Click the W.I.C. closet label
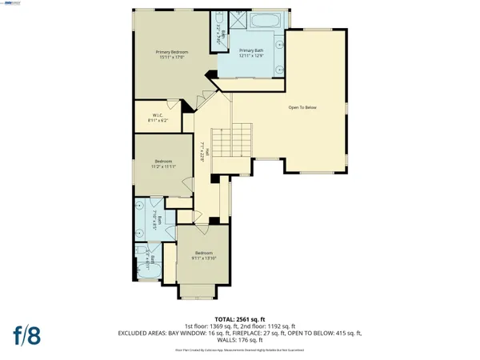tap(158, 114)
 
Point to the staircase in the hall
tap(240, 143)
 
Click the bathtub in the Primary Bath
tap(257, 22)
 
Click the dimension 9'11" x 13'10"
tap(204, 258)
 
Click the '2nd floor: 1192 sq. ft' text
tap(269, 326)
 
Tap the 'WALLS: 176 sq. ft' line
tap(241, 341)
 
